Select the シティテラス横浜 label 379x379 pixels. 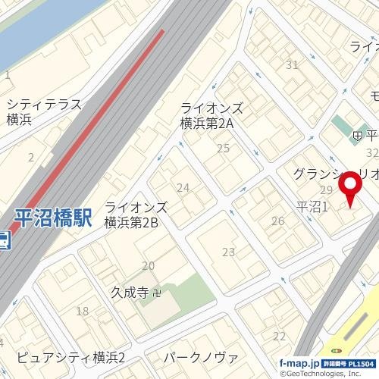coord(43,112)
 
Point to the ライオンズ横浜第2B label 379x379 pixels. coord(142,215)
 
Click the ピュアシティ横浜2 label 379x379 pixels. coord(73,358)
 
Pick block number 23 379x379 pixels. coord(228,252)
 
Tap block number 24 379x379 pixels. coord(183,187)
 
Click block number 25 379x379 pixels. coord(223,148)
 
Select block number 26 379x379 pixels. coord(277,221)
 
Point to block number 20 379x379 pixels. coord(148,265)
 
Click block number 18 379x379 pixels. coord(82,311)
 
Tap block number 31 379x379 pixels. coord(292,65)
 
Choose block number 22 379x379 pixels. coord(280,336)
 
